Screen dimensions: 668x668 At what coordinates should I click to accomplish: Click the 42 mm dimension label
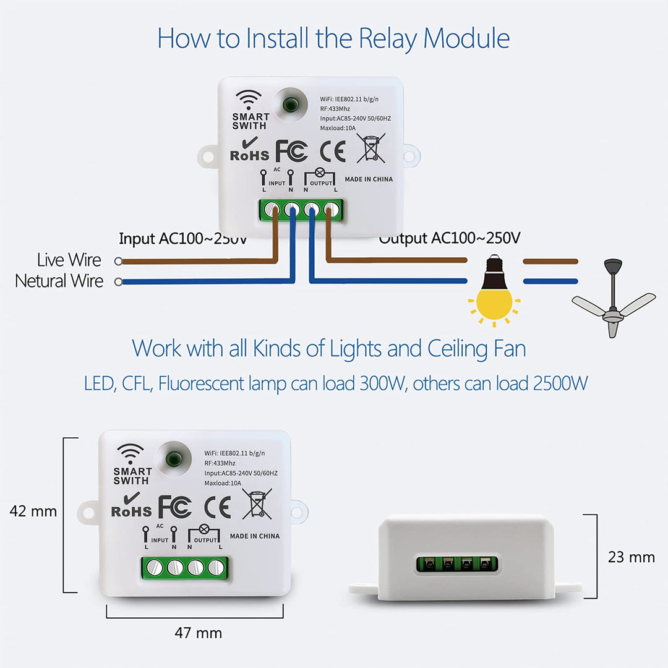[33, 512]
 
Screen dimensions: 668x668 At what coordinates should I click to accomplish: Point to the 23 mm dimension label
[632, 557]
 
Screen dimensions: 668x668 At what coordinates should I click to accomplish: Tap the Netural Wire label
[59, 281]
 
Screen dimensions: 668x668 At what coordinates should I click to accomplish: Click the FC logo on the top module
[291, 152]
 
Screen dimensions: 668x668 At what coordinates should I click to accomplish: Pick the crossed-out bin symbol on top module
[370, 149]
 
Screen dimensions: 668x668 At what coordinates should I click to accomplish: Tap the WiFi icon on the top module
[249, 100]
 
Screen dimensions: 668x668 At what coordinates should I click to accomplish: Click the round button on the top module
[289, 103]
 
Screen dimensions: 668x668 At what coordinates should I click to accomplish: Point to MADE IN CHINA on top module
[369, 179]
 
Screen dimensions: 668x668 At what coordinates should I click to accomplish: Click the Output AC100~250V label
[450, 238]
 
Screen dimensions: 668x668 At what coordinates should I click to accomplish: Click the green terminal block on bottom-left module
[185, 567]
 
